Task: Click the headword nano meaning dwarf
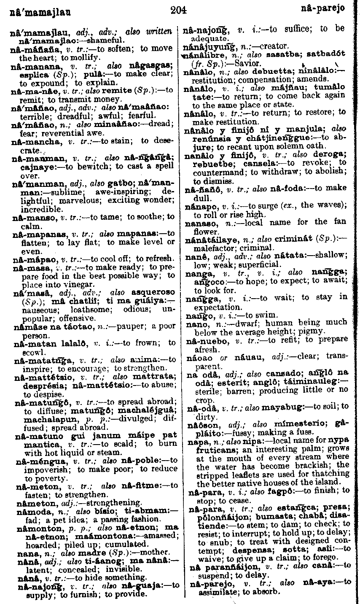193,324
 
